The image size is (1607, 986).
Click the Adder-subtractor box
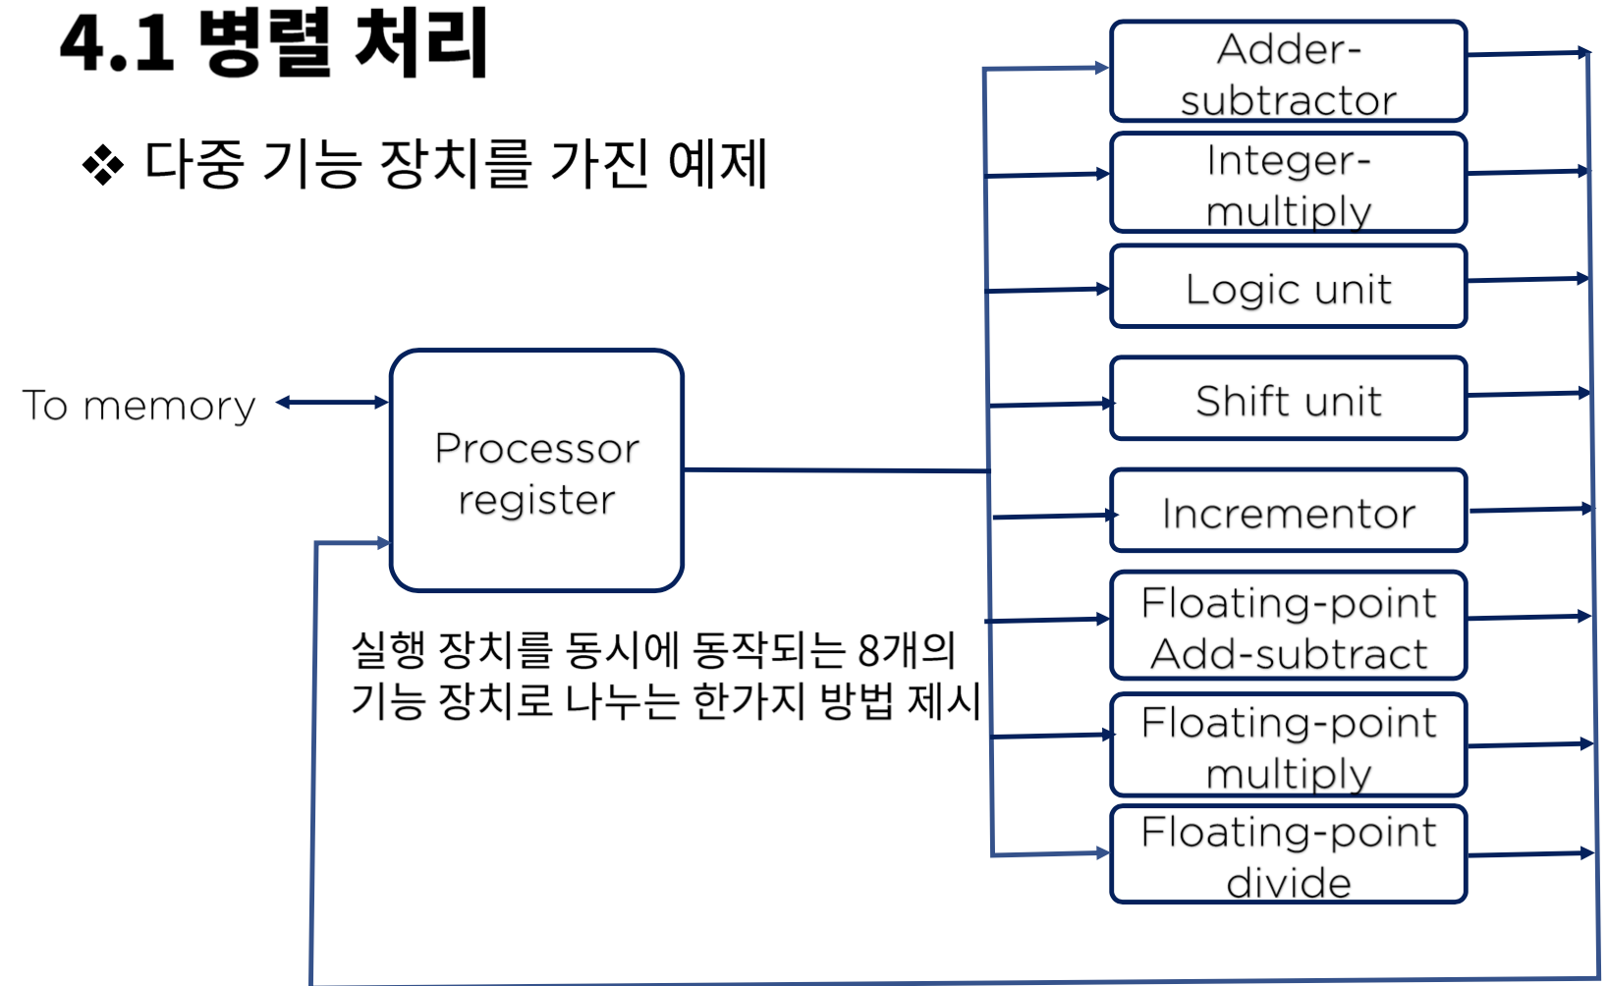pyautogui.click(x=1288, y=72)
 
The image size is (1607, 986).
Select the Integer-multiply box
pyautogui.click(x=1288, y=183)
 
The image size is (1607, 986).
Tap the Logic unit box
pyautogui.click(x=1288, y=287)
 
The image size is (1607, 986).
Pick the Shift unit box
pyautogui.click(x=1288, y=399)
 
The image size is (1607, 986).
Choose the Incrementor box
pyautogui.click(x=1288, y=511)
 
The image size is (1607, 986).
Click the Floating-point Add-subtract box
pyautogui.click(x=1288, y=626)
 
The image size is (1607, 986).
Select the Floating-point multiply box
pyautogui.click(x=1288, y=745)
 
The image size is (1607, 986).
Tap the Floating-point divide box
pyautogui.click(x=1288, y=854)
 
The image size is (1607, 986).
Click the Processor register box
pyautogui.click(x=536, y=471)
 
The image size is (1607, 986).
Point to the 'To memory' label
pyautogui.click(x=139, y=405)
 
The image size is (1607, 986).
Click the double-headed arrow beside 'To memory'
pyautogui.click(x=332, y=402)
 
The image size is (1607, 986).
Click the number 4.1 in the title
pyautogui.click(x=116, y=45)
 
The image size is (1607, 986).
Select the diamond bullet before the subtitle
pyautogui.click(x=103, y=164)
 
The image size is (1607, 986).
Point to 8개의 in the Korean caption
pyautogui.click(x=906, y=649)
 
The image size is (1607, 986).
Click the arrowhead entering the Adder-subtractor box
pyautogui.click(x=1101, y=68)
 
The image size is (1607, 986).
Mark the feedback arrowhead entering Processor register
pyautogui.click(x=382, y=543)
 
